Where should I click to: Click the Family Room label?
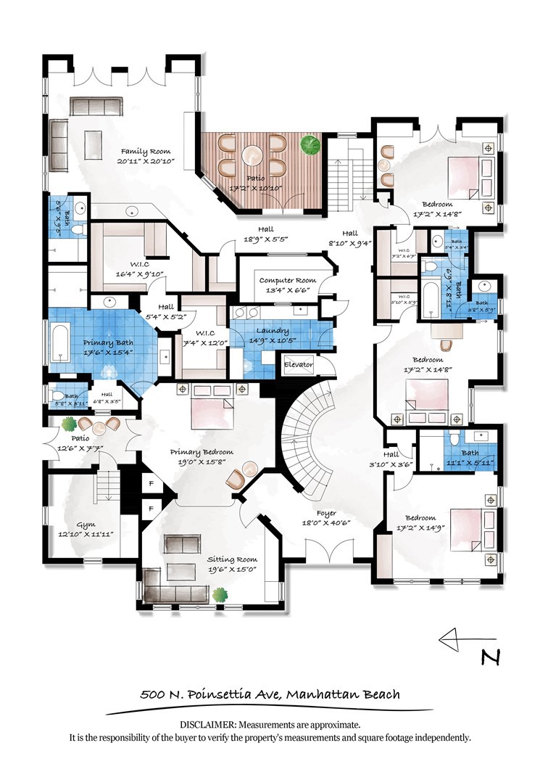[x=144, y=152]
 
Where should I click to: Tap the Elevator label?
[x=297, y=363]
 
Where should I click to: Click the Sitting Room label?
[x=232, y=559]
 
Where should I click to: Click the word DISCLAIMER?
[x=206, y=725]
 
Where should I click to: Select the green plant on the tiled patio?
[x=310, y=145]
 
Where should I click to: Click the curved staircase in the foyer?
[x=304, y=443]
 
